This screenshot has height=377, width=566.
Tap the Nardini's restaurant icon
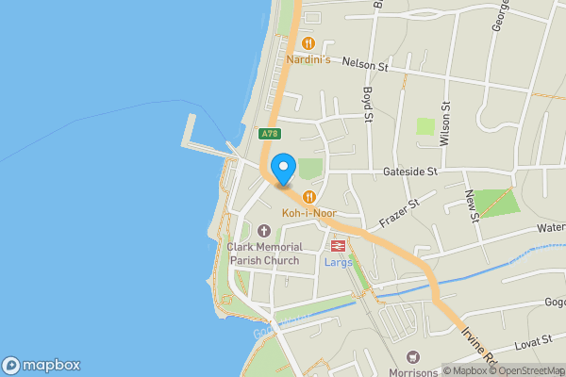pos(308,42)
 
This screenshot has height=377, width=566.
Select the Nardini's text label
pos(308,60)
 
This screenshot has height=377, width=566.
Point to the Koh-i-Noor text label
pos(308,213)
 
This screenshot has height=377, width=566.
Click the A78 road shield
pos(271,135)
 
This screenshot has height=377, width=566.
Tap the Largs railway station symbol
pos(337,245)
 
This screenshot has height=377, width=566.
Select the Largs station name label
pos(338,262)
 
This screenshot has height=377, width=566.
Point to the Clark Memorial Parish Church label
pos(263,254)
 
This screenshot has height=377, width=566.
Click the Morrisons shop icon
pos(410,357)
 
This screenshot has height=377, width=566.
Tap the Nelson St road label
pos(365,65)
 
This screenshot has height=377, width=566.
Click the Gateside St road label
pos(410,172)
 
